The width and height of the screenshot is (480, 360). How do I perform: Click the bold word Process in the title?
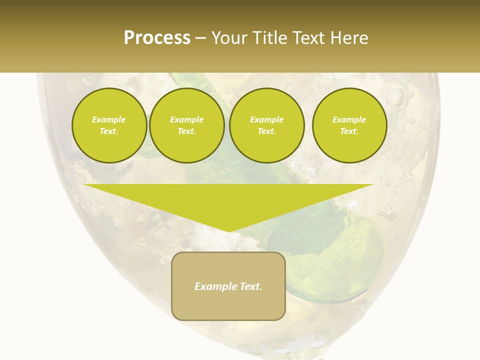click(157, 38)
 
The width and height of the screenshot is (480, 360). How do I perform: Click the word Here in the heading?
click(349, 38)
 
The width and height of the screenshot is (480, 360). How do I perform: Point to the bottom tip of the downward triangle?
click(228, 231)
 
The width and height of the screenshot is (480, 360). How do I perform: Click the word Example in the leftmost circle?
click(109, 120)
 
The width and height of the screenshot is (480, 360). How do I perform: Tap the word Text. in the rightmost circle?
click(349, 131)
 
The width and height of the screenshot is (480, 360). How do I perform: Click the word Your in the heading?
click(228, 38)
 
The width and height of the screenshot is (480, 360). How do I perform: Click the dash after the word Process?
click(200, 38)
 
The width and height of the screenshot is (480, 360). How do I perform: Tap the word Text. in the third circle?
click(266, 131)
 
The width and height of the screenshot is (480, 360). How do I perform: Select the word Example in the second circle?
click(186, 120)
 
